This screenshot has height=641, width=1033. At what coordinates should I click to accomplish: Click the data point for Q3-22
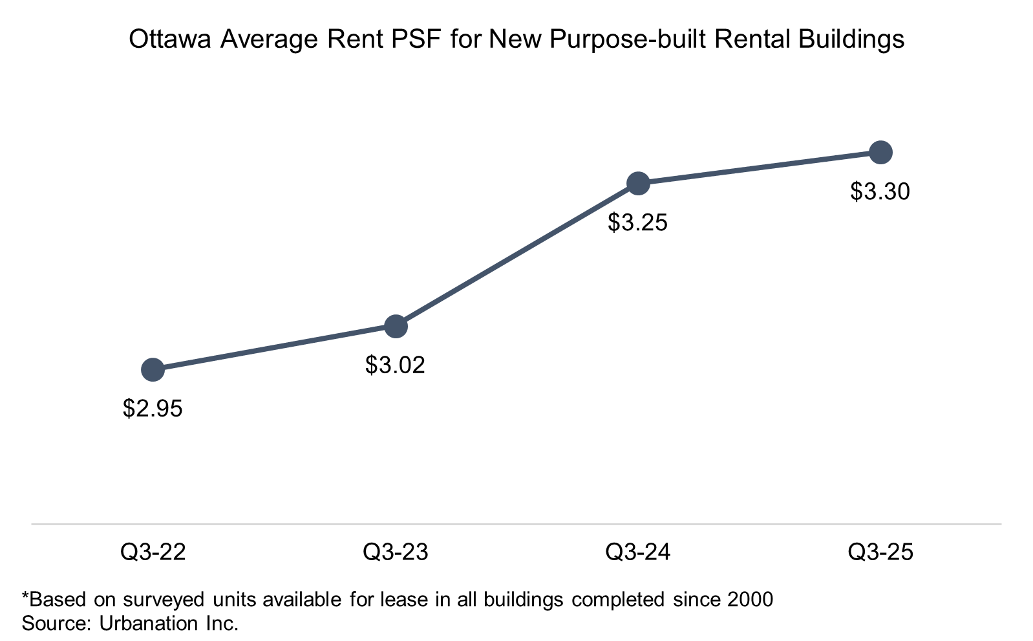153,369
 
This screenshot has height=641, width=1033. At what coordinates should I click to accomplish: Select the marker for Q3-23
396,327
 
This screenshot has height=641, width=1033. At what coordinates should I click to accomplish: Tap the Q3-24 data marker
638,184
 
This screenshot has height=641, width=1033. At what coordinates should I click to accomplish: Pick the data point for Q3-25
880,153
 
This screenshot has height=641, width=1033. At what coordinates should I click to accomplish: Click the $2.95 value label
153,409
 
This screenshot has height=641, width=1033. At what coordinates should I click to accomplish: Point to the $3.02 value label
395,365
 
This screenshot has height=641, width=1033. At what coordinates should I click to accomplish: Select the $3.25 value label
637,223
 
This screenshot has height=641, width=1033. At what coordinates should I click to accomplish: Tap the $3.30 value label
880,191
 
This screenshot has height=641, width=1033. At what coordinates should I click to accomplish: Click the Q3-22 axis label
153,552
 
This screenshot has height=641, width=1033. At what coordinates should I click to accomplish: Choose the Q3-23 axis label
396,552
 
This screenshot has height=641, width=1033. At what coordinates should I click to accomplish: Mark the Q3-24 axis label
638,552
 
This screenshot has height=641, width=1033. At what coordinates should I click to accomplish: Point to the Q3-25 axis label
880,552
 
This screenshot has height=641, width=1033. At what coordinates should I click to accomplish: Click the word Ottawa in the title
170,39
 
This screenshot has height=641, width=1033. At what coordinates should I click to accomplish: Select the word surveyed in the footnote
164,600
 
